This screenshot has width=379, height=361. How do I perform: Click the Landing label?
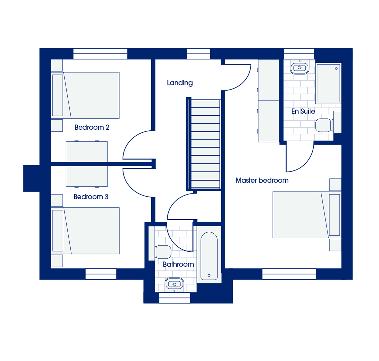180,83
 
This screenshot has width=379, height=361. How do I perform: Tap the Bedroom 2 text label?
92,127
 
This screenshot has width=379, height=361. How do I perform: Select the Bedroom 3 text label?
91,197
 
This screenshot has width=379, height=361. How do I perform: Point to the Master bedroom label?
262,180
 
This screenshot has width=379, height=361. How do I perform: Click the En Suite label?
303,111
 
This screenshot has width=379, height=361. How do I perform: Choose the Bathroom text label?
178,264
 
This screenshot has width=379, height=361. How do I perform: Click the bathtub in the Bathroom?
209,256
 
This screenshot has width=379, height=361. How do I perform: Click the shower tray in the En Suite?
328,83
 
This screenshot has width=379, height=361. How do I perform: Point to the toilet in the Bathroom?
162,252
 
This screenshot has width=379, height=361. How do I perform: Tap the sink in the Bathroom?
174,284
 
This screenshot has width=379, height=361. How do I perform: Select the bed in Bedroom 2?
85,95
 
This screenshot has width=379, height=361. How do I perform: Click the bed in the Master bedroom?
307,215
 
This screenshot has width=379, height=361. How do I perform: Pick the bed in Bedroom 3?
85,231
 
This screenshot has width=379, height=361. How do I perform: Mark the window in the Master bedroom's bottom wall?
289,274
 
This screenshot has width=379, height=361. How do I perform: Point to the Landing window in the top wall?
199,53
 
